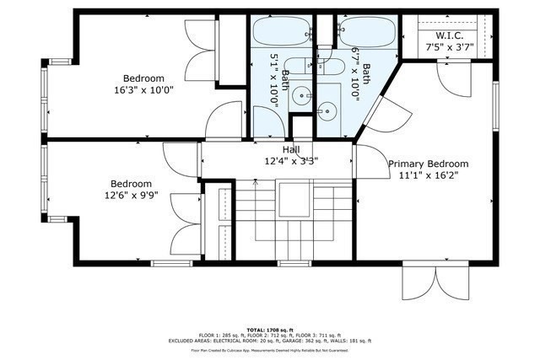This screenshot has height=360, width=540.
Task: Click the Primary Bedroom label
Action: (x=428, y=164)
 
